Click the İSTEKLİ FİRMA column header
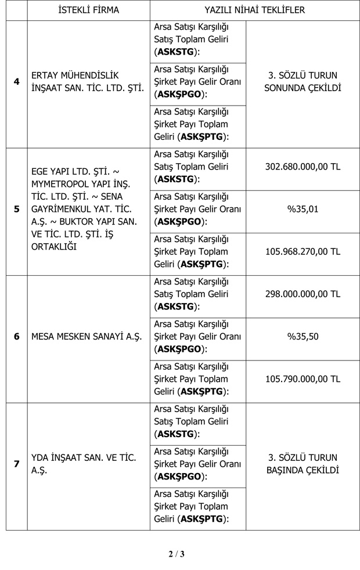coord(89,10)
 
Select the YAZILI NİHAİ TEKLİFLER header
coord(254,10)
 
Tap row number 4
coord(16,82)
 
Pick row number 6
coord(16,337)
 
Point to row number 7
coord(16,464)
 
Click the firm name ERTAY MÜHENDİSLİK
coord(75,75)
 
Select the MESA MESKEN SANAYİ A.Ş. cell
coord(87,337)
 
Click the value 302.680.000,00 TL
coord(303,167)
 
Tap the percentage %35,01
coord(303,209)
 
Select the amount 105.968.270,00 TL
coord(303,251)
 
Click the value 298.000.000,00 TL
coord(303,294)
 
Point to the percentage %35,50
coord(303,337)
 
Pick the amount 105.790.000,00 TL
coord(303,379)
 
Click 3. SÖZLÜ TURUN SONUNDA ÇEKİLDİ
coord(303,82)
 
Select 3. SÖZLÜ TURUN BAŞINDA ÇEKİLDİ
coord(303,464)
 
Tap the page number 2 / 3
coord(177,553)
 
